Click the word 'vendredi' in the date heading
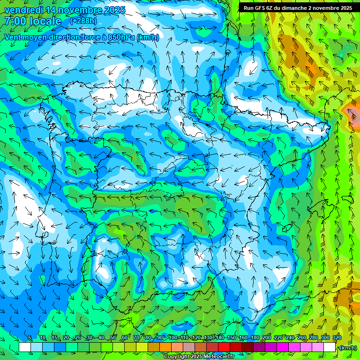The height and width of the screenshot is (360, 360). pyautogui.click(x=21, y=10)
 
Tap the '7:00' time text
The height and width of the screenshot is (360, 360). pyautogui.click(x=14, y=21)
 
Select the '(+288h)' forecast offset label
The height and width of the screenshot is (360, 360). pyautogui.click(x=83, y=21)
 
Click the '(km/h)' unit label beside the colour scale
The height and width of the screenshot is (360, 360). pyautogui.click(x=347, y=347)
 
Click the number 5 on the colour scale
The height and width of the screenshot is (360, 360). pyautogui.click(x=30, y=337)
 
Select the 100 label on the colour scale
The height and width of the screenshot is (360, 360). pyautogui.click(x=173, y=337)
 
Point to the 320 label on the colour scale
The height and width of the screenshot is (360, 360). pyautogui.click(x=337, y=337)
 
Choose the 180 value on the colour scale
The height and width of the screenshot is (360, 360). pyautogui.click(x=255, y=337)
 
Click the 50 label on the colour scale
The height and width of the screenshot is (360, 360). pyautogui.click(x=113, y=337)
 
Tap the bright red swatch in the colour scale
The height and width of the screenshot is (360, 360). pyautogui.click(x=224, y=347)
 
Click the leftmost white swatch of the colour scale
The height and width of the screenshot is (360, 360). pyautogui.click(x=25, y=347)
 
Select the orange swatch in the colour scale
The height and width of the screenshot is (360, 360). pyautogui.click(x=165, y=347)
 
